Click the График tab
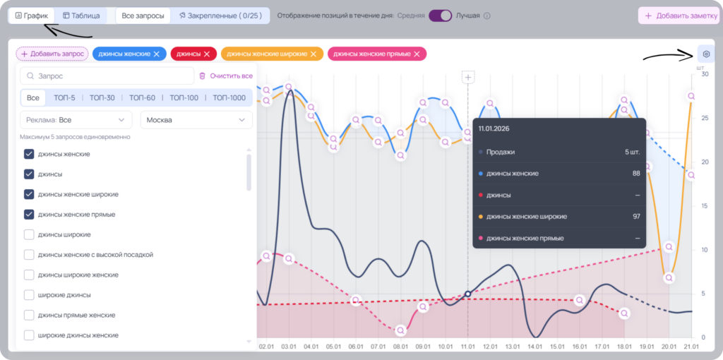coord(31,16)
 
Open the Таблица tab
coord(81,16)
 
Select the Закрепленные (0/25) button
coord(220,16)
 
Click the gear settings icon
coord(706,54)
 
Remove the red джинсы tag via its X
coord(207,54)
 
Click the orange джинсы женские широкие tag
coord(272,54)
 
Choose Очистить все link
coord(226,76)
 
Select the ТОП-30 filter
coord(102,97)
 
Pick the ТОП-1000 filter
coord(229,97)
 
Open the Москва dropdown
coord(196,120)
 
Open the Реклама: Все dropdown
coord(76,120)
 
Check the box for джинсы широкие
coord(29,234)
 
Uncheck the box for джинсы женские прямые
coord(29,215)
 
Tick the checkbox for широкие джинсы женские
coord(29,335)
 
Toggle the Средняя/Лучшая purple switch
coord(441,16)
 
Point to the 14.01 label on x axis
coord(535,346)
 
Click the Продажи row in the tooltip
coord(559,152)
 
